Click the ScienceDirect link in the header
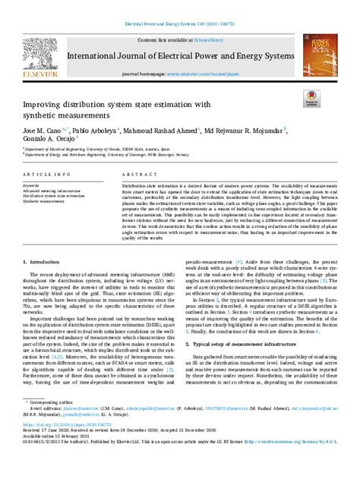click(207, 38)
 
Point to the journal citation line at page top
click(180, 24)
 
